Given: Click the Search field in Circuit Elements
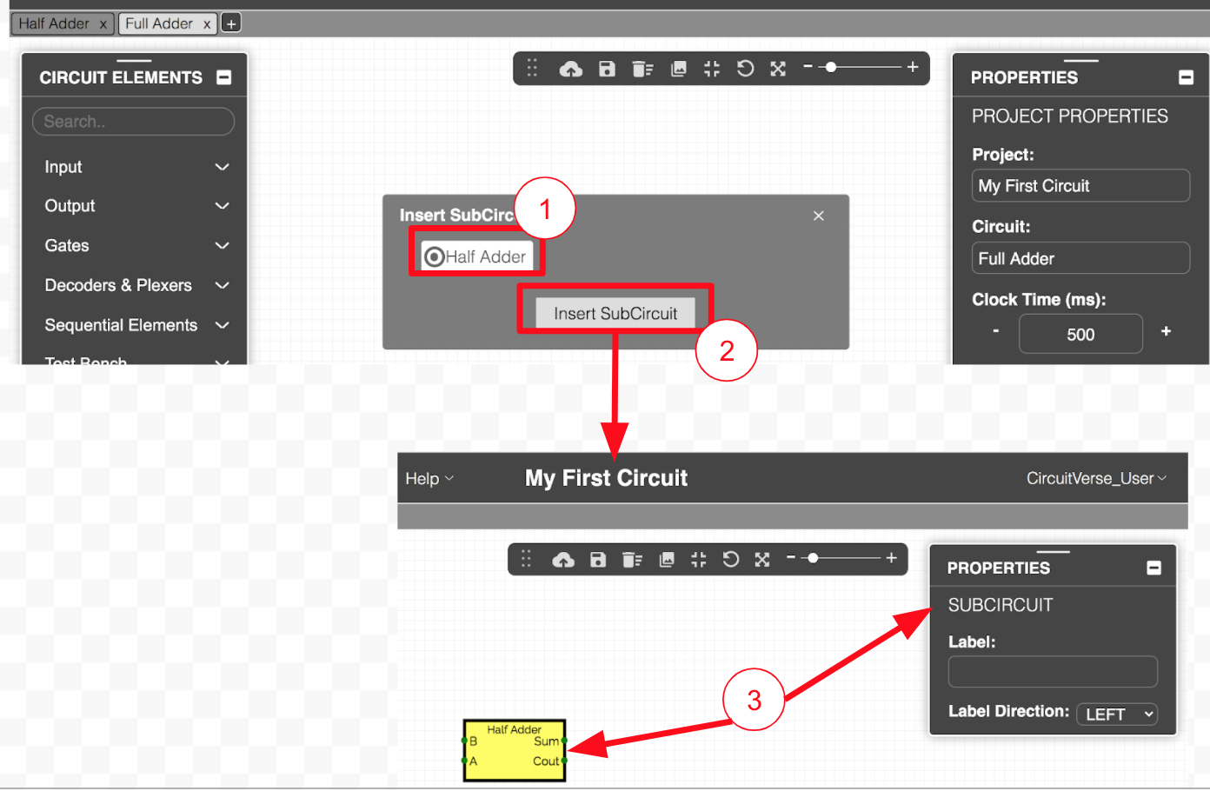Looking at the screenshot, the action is (133, 121).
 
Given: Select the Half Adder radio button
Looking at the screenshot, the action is (434, 256).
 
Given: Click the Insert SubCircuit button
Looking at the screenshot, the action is (615, 313).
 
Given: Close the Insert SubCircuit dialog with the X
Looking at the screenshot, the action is (818, 216).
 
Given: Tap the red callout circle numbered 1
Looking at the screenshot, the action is (545, 209).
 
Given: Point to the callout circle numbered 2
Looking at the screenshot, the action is (727, 350).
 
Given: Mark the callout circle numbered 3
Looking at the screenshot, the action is (754, 700).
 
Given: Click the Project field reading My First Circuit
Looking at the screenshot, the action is (1080, 186).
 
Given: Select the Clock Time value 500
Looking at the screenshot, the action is (1080, 335).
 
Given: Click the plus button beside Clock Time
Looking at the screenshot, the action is (1166, 331).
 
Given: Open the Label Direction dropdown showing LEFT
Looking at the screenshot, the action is (1116, 715).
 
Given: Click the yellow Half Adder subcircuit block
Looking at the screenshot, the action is (515, 751).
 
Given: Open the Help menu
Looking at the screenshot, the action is (429, 479).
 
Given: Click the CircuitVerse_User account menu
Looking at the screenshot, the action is (1096, 479).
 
